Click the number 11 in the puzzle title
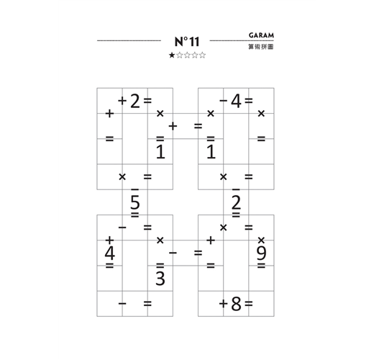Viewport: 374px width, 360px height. [194, 42]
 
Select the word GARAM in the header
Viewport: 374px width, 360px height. [261, 35]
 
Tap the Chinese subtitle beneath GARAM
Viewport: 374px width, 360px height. [261, 47]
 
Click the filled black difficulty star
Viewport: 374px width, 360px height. [172, 55]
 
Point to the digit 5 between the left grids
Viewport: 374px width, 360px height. [135, 202]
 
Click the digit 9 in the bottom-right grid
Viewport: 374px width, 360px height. [261, 253]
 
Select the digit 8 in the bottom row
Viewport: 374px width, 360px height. [236, 304]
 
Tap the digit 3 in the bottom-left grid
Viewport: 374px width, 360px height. [160, 279]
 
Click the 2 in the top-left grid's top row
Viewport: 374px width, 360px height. [135, 101]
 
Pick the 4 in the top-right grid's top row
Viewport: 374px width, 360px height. [236, 101]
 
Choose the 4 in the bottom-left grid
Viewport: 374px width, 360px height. [110, 253]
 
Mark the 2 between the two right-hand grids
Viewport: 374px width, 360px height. [236, 202]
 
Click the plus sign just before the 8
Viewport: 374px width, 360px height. [223, 304]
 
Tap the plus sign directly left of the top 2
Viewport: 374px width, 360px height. [122, 101]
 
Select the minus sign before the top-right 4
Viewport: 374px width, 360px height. [223, 101]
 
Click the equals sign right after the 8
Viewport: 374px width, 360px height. [249, 304]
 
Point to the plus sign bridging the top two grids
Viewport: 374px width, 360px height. [173, 126]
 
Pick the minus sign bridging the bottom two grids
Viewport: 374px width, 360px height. [173, 253]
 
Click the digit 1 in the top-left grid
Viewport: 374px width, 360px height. [160, 152]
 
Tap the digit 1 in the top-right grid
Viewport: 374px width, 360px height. [211, 152]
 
